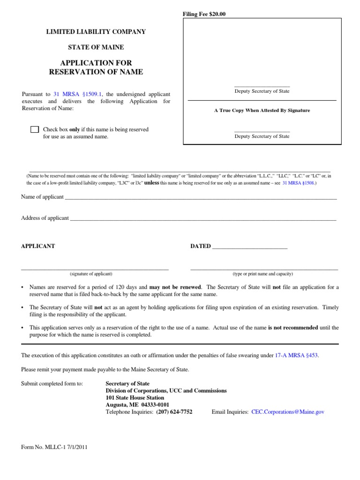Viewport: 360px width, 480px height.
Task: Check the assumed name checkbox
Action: click(35, 130)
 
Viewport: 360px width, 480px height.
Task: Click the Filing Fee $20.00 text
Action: click(204, 14)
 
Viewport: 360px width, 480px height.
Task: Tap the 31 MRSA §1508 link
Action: click(299, 183)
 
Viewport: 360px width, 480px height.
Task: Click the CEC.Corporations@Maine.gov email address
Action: click(287, 412)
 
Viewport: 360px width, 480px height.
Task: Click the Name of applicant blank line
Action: click(201, 198)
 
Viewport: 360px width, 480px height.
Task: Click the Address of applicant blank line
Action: click(203, 219)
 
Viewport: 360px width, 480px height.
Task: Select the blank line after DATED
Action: click(250, 247)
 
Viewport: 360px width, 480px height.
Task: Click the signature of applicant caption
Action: click(91, 274)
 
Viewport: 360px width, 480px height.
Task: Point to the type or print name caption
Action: click(263, 274)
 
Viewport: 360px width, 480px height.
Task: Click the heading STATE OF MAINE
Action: click(96, 47)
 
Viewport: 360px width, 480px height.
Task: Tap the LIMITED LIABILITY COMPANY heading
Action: click(96, 32)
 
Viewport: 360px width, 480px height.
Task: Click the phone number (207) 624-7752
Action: click(174, 412)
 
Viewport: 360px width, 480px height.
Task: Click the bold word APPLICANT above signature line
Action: click(38, 246)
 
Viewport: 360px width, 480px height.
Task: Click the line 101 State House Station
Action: click(135, 397)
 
